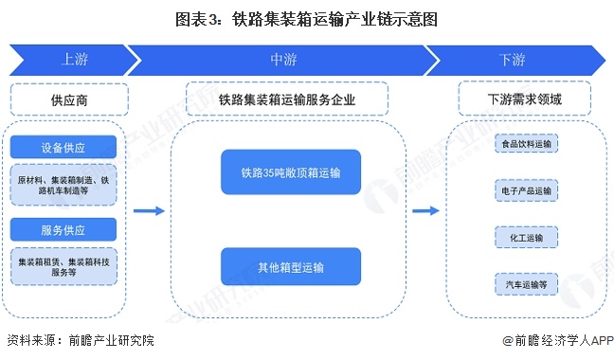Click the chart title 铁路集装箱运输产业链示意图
[x=307, y=17]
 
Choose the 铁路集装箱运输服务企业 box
[x=287, y=99]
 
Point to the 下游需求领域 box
[x=524, y=99]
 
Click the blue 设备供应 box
[x=64, y=147]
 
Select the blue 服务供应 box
[x=64, y=229]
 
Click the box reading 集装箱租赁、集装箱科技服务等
[x=64, y=264]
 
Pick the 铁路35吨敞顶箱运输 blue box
[x=291, y=173]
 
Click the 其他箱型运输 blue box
[x=291, y=266]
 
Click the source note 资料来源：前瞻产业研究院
[x=80, y=340]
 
